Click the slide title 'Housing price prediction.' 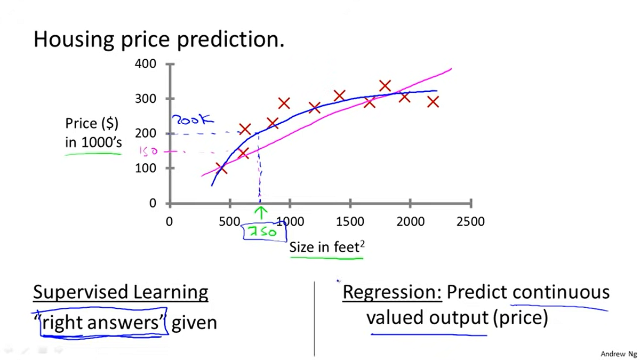pos(159,39)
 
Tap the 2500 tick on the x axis pos(470,221)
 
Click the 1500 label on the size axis pos(350,221)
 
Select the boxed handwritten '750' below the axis pos(263,231)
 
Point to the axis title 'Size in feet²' pos(326,247)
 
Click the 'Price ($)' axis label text pos(92,123)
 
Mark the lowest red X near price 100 pos(221,168)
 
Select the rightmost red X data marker pos(433,101)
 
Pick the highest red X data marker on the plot pos(385,85)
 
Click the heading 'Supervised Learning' pos(121,292)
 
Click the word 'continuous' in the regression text pos(561,292)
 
